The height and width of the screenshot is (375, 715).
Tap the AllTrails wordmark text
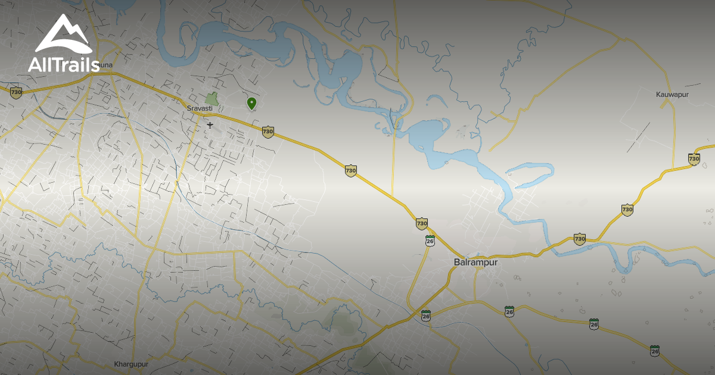(64, 64)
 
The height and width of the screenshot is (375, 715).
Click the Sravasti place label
(200, 108)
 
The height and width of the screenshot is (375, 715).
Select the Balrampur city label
(475, 262)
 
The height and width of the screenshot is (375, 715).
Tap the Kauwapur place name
(672, 95)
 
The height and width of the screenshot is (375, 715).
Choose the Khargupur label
(130, 364)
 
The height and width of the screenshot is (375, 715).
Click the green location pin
(251, 104)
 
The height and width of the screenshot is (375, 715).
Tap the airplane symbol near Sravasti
(210, 124)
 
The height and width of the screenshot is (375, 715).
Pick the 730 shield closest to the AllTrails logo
(16, 92)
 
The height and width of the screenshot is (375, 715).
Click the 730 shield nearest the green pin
(268, 131)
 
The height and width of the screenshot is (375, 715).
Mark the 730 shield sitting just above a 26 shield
(422, 223)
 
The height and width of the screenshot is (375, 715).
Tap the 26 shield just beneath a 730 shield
(430, 240)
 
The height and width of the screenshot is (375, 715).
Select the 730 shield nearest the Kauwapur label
(694, 158)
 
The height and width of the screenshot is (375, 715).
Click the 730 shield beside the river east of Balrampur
(579, 239)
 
